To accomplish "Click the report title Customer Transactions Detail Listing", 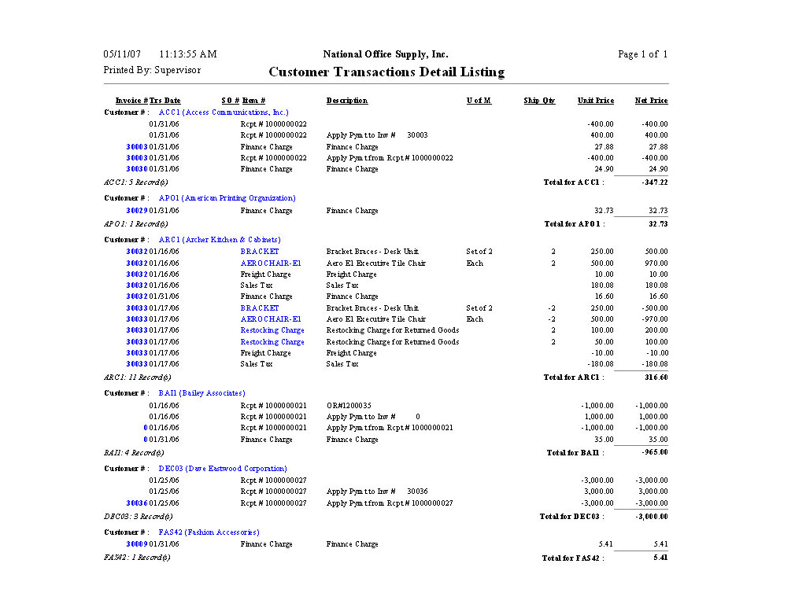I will (386, 72).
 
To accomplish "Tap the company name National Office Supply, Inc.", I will (386, 54).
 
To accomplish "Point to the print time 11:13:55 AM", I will (187, 54).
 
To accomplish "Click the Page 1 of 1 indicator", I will (642, 54).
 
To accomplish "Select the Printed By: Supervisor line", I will (152, 70).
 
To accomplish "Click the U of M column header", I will (479, 101).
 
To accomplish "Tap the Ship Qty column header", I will (539, 101).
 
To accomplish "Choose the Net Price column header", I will (651, 101).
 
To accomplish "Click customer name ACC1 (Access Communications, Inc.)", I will (224, 112).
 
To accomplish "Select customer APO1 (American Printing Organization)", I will (227, 198).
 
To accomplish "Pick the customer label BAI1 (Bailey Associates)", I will (201, 393).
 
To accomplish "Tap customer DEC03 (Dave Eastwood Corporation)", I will (223, 469).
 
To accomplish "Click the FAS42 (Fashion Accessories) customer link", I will (209, 532).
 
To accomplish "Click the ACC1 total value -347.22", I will (654, 182).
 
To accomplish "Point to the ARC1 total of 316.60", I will (657, 377).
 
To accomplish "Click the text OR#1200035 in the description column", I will (349, 406).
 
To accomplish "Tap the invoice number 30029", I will (137, 211).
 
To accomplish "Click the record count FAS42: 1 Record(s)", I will (137, 558).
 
